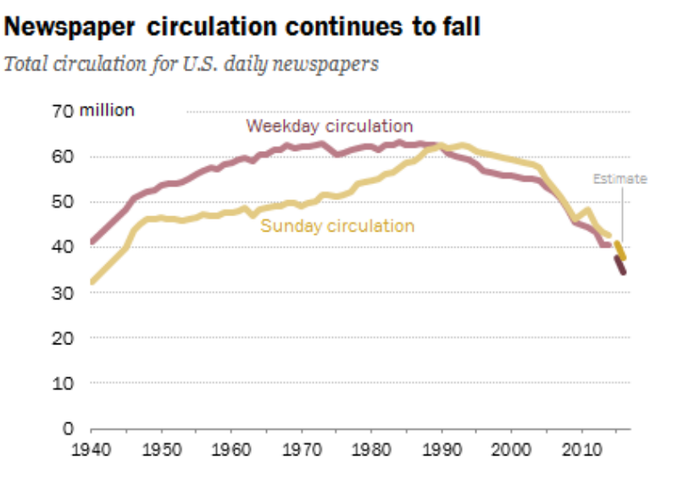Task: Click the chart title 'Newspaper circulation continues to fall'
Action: [x=242, y=27]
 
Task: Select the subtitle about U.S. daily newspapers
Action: [x=192, y=64]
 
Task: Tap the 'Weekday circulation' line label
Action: [x=330, y=126]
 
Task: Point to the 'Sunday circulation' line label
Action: [x=337, y=226]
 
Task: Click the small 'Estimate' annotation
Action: [x=620, y=179]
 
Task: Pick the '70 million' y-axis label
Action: [x=93, y=111]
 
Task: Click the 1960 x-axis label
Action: [x=229, y=447]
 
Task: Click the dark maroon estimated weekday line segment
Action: [x=621, y=265]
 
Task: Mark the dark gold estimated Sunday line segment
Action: [x=621, y=250]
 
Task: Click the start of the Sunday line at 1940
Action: [x=92, y=282]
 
